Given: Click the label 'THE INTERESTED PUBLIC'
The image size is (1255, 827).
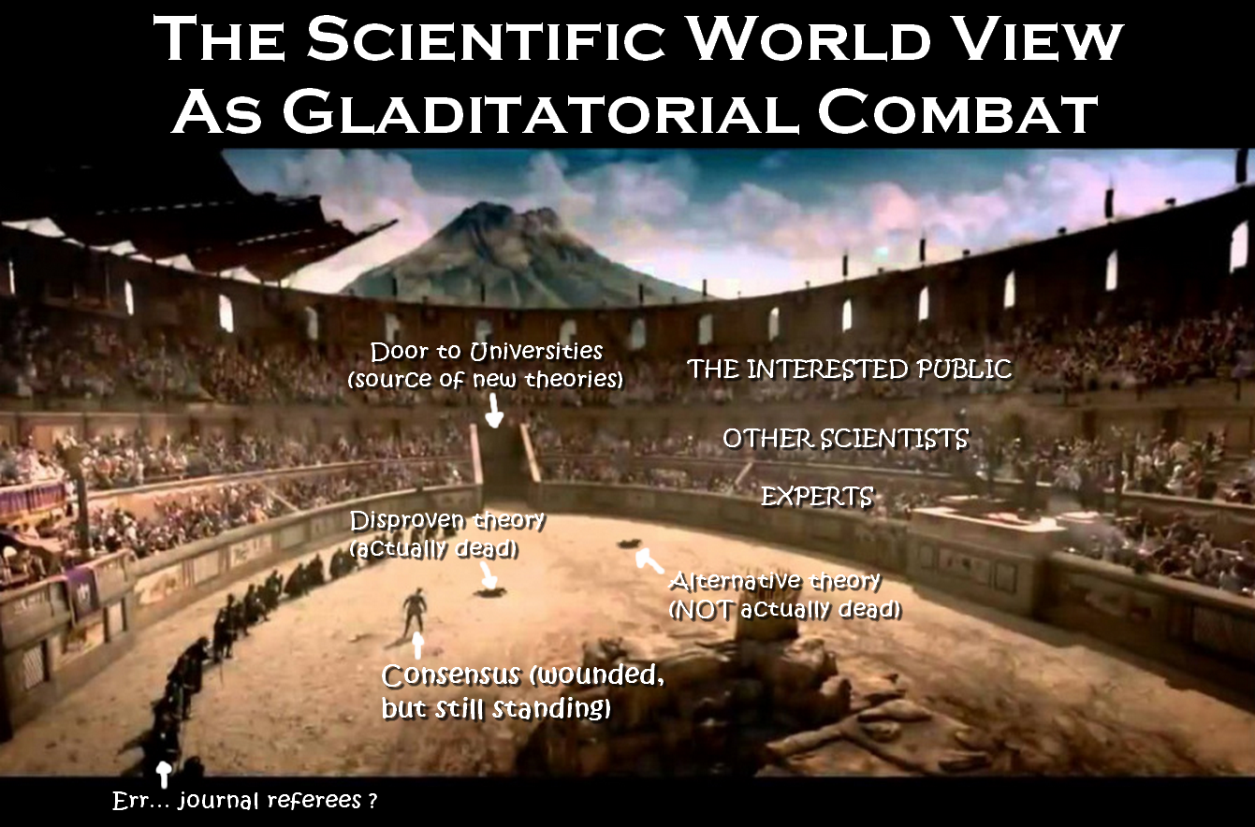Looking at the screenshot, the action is (x=850, y=369).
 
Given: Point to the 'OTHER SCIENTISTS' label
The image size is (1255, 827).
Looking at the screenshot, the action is (x=845, y=439).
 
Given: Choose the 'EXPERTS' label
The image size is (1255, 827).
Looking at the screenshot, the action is (x=817, y=496).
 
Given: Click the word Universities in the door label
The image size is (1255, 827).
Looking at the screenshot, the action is (x=535, y=352).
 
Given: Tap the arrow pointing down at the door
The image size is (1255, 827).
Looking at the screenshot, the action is (x=493, y=411).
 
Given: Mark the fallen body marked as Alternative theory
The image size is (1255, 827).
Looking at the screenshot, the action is (x=629, y=543).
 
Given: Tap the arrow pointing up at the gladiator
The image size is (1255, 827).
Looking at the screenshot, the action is (x=416, y=645).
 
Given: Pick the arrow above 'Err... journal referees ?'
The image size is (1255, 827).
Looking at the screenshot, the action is (x=163, y=774).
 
